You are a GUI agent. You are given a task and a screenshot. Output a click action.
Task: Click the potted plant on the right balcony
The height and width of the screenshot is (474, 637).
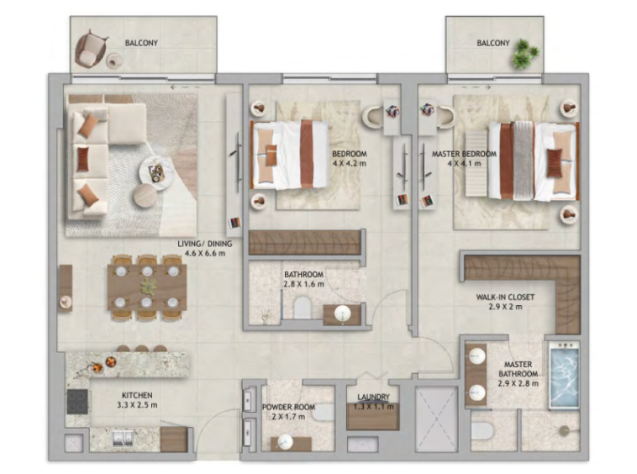(x=524, y=54)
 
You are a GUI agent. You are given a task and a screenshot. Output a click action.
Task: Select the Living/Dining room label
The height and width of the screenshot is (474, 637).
(x=205, y=244)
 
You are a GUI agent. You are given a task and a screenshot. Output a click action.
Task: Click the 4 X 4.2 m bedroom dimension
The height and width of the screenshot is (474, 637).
(x=350, y=164)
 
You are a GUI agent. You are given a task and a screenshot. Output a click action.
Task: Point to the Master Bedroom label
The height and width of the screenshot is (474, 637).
(x=464, y=154)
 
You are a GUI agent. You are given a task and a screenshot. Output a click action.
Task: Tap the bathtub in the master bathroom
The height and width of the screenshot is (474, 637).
(x=564, y=375)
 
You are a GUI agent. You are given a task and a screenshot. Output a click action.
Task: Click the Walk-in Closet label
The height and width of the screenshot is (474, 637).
(x=505, y=297)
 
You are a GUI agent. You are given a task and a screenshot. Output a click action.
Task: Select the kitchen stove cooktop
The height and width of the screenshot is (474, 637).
(x=77, y=401)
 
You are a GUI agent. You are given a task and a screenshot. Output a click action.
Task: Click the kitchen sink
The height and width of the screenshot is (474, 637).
(x=123, y=438)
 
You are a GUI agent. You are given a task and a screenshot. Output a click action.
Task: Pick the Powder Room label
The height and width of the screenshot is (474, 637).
(x=288, y=407)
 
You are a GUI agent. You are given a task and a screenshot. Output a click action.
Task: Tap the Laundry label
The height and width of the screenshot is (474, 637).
(x=373, y=397)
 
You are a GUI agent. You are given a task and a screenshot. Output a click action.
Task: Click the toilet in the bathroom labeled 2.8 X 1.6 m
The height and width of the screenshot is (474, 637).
(x=303, y=308)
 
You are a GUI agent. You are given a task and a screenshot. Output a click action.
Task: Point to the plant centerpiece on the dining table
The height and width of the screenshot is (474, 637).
(x=148, y=287)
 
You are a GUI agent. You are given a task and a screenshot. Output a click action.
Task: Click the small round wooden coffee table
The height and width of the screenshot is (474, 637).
(x=145, y=195)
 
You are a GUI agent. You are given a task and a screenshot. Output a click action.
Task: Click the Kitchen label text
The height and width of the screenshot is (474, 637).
(x=137, y=395)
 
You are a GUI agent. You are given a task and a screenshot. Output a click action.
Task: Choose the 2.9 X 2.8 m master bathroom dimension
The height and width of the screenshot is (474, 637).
(x=519, y=383)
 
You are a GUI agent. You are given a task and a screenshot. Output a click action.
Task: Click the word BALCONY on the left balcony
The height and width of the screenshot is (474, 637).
(x=141, y=43)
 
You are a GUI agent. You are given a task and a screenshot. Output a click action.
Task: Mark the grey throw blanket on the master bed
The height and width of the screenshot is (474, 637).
(x=524, y=161)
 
